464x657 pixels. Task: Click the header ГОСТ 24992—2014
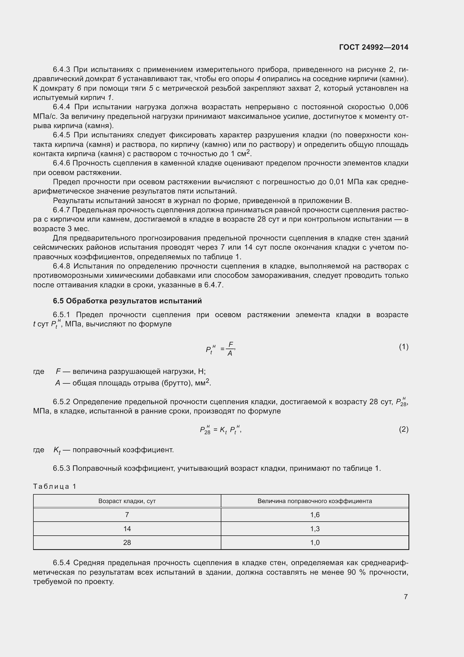[x=373, y=47]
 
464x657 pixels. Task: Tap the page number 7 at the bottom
[x=405, y=596]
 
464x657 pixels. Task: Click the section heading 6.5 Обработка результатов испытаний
[x=127, y=301]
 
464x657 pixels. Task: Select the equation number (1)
[x=403, y=347]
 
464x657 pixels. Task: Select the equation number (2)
[x=403, y=429]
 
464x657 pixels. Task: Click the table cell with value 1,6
[x=314, y=515]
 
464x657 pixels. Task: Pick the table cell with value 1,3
[x=314, y=529]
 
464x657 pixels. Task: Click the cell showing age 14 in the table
[x=127, y=529]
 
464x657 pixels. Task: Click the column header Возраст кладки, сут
[x=127, y=501]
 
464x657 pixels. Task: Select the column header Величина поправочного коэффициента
[x=314, y=501]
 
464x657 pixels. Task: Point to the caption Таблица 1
[x=55, y=486]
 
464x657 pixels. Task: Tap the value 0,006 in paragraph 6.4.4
[x=398, y=107]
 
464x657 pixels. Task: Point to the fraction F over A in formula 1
[x=230, y=349]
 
